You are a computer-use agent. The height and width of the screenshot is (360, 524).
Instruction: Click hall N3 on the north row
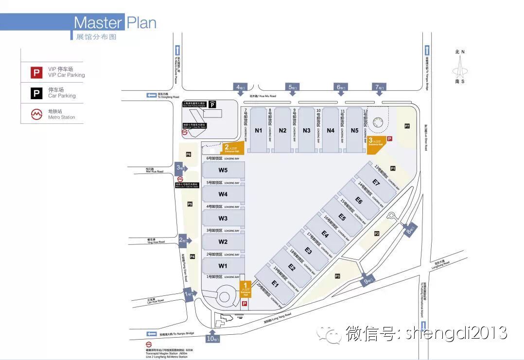point(306,130)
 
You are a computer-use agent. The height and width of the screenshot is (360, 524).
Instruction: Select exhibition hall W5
point(223,170)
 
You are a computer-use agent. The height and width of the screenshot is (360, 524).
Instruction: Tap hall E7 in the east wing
point(376,182)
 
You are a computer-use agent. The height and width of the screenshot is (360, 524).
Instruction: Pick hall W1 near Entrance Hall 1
point(223,266)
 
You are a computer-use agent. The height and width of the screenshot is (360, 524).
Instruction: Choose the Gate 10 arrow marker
point(211,338)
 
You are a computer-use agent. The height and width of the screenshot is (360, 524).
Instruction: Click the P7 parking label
point(407,126)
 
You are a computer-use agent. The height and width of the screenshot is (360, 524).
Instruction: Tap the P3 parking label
point(337,276)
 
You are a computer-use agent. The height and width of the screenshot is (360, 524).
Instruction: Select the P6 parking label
point(189,154)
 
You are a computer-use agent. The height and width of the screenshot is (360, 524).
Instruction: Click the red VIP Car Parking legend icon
point(37,73)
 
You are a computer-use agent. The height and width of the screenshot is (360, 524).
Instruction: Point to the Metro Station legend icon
point(37,114)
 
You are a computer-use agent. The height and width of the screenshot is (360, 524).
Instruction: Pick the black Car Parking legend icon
point(37,93)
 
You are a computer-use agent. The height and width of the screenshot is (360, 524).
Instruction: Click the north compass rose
point(459,68)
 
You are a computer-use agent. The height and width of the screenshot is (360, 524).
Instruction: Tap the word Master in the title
point(98,23)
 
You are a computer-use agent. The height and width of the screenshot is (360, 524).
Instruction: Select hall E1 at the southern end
point(275,284)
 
